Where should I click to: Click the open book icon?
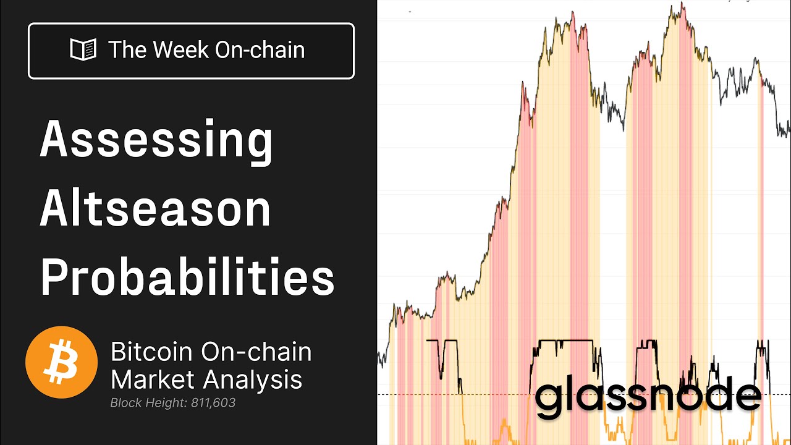83,50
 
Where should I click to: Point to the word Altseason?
156,210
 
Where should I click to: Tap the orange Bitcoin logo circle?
61,363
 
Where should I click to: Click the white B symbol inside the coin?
61,363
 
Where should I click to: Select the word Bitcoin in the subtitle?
151,352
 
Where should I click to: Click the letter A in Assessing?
54,139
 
